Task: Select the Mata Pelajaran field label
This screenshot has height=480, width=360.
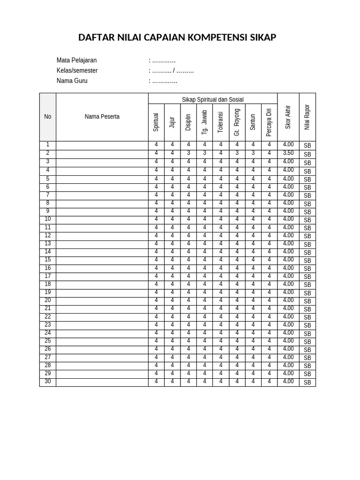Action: click(x=76, y=60)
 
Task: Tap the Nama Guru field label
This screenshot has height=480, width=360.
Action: click(x=72, y=81)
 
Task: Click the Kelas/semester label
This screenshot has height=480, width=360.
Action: click(x=77, y=71)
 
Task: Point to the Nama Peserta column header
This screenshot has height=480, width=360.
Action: click(x=102, y=117)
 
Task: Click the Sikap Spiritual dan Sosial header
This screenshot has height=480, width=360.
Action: click(x=212, y=99)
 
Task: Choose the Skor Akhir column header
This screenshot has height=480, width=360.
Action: click(x=288, y=117)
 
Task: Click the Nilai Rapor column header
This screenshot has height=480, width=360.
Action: click(x=307, y=117)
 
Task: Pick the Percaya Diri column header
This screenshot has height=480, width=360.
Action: click(x=269, y=122)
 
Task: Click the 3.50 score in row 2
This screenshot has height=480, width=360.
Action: click(x=288, y=153)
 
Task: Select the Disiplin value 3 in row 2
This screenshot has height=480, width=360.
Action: click(x=188, y=153)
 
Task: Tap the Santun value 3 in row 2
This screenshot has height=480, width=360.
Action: click(x=253, y=153)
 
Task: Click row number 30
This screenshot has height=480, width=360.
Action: click(x=47, y=382)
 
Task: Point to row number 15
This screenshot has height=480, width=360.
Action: click(x=47, y=260)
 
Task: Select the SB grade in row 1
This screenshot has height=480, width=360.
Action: click(x=307, y=146)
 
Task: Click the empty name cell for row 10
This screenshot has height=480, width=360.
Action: click(x=102, y=219)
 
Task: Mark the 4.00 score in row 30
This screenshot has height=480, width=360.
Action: click(x=288, y=382)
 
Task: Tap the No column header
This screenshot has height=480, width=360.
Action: click(x=47, y=117)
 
